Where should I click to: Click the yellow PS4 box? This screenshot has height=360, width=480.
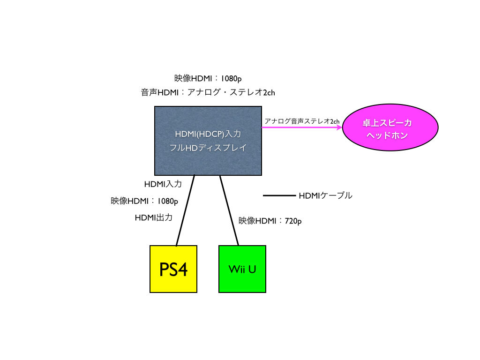click(173, 269)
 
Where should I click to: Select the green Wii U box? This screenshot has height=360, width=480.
click(242, 269)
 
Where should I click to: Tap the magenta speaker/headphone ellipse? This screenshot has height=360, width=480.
click(390, 129)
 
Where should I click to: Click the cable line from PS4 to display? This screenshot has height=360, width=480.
click(185, 210)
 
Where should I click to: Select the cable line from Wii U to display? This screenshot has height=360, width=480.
click(229, 210)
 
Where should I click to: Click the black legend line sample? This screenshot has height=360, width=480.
click(278, 195)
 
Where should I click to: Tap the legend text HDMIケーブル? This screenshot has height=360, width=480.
click(325, 195)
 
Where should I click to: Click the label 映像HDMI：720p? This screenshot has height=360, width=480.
click(270, 220)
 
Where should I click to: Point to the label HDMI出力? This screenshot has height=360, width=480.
click(154, 217)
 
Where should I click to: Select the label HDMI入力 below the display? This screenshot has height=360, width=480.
click(163, 184)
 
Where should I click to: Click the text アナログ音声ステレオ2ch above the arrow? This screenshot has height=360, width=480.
click(301, 121)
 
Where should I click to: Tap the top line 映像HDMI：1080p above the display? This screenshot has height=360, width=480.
click(208, 78)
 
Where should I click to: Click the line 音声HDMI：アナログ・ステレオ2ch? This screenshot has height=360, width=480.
click(208, 92)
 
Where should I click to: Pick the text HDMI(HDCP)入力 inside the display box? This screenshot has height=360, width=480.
click(208, 134)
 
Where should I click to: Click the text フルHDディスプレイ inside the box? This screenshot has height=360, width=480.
click(208, 147)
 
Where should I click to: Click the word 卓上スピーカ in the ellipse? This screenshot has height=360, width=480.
click(387, 123)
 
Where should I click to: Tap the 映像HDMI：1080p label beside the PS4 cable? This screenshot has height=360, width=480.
click(144, 201)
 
